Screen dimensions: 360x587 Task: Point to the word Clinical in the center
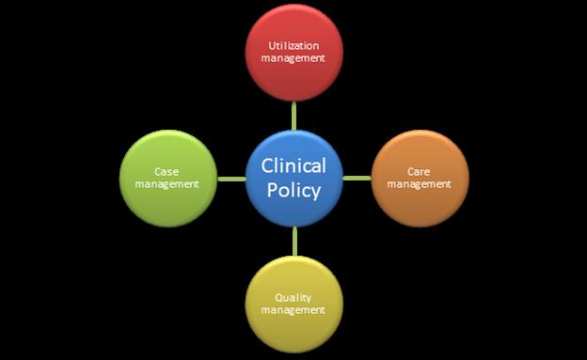[x=293, y=166]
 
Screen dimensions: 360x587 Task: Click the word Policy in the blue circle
[x=293, y=190]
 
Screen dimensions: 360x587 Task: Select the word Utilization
[x=293, y=44]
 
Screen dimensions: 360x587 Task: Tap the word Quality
[x=293, y=297]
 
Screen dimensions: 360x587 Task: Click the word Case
[x=167, y=171]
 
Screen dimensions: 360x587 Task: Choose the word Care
[x=420, y=171]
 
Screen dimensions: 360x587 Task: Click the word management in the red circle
[x=293, y=57]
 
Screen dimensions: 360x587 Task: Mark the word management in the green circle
[x=167, y=183]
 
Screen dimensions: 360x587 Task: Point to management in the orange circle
[x=420, y=183]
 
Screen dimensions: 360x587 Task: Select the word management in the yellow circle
[x=293, y=309]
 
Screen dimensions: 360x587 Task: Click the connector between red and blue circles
[x=293, y=115]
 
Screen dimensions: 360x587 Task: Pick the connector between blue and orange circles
[x=357, y=178]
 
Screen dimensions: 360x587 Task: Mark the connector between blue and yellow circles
[x=294, y=241]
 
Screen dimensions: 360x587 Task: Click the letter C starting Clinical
[x=267, y=166]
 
